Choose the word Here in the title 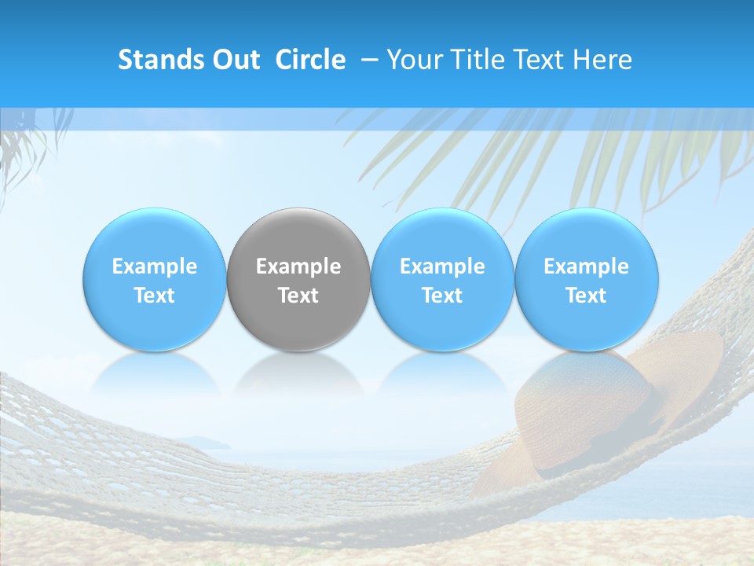[604, 60]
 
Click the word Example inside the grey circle [298, 266]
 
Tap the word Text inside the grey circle [298, 296]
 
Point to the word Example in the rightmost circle [586, 266]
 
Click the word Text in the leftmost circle [154, 296]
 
